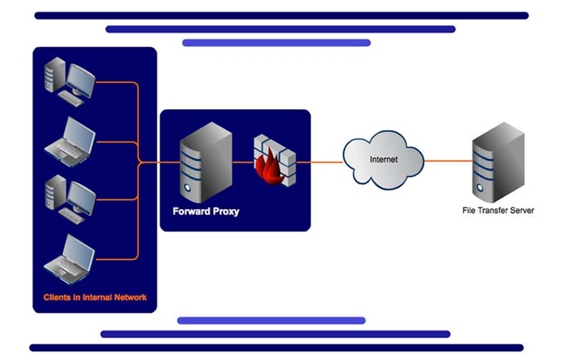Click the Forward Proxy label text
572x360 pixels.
(205, 211)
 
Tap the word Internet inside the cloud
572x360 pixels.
(384, 159)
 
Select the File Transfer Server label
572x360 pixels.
(498, 210)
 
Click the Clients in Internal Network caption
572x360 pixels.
(95, 297)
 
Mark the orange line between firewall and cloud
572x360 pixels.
(320, 162)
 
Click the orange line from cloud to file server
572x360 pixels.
(448, 161)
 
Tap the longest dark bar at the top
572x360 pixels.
(281, 15)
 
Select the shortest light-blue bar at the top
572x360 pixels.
(276, 43)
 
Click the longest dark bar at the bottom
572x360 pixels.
(277, 348)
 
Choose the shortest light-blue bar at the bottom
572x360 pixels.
(271, 321)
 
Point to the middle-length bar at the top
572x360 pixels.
(280, 29)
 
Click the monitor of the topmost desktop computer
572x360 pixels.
(81, 77)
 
